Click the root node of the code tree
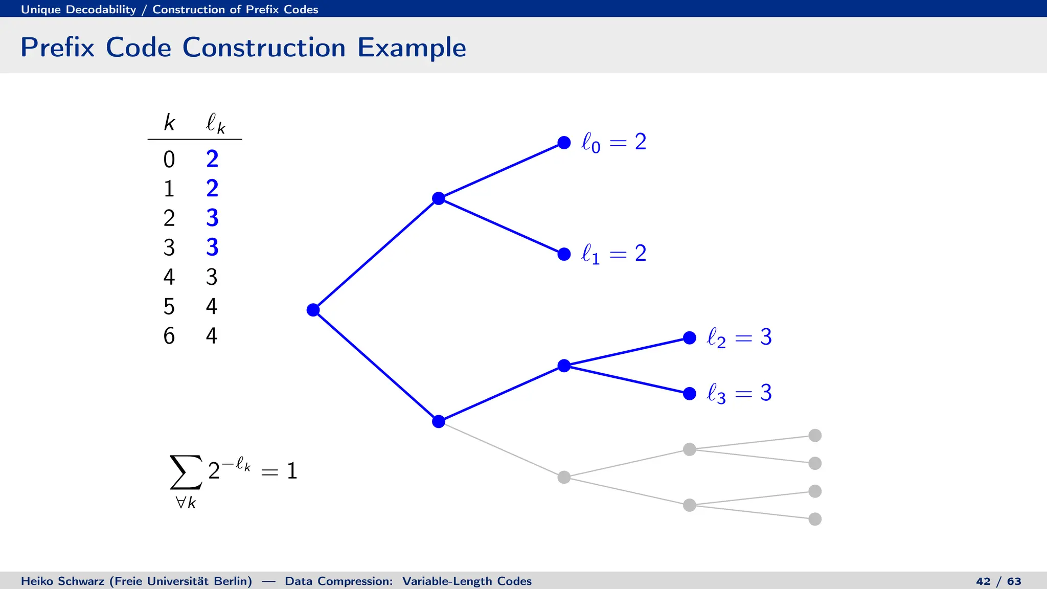click(313, 310)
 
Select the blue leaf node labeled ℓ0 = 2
click(564, 143)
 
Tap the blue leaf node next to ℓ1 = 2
click(564, 254)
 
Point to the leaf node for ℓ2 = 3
click(690, 338)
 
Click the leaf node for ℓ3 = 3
click(690, 394)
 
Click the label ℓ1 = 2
click(613, 254)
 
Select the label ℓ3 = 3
click(739, 393)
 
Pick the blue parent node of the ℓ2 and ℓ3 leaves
click(564, 366)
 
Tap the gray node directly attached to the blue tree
click(564, 477)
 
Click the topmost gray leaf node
click(815, 436)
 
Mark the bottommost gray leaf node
click(815, 519)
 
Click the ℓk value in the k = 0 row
click(212, 159)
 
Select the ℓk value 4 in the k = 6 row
click(212, 336)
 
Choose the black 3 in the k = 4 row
click(212, 277)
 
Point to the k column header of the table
click(169, 123)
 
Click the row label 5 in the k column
click(169, 307)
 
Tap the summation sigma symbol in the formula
click(186, 472)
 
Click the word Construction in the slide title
click(264, 48)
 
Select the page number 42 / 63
click(998, 581)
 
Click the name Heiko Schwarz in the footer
click(63, 581)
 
